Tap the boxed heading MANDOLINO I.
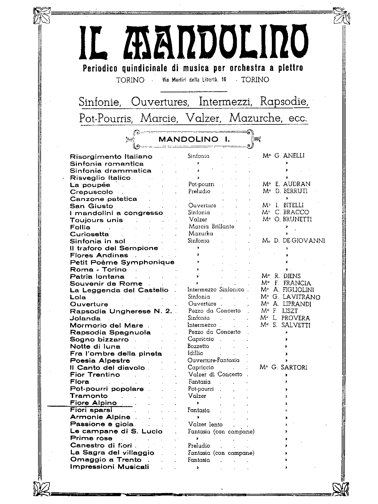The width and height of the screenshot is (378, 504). click(x=194, y=139)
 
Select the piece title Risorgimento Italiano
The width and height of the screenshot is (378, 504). click(x=111, y=157)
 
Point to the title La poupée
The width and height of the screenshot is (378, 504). click(x=90, y=185)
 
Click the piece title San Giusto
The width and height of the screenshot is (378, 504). click(x=91, y=206)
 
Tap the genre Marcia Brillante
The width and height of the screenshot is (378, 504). click(x=211, y=226)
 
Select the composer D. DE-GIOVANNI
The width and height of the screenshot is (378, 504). click(x=294, y=241)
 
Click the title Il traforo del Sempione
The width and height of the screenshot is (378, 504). click(x=114, y=248)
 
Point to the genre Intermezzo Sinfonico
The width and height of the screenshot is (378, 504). click(x=216, y=289)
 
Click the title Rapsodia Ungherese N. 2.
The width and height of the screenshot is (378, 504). click(x=121, y=311)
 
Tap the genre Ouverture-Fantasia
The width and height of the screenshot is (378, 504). click(x=213, y=360)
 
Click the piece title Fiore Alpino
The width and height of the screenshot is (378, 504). click(x=93, y=403)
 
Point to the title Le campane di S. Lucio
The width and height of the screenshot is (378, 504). click(x=116, y=431)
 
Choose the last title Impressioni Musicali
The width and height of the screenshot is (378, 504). click(x=109, y=467)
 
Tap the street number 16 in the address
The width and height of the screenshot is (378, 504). click(x=223, y=80)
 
